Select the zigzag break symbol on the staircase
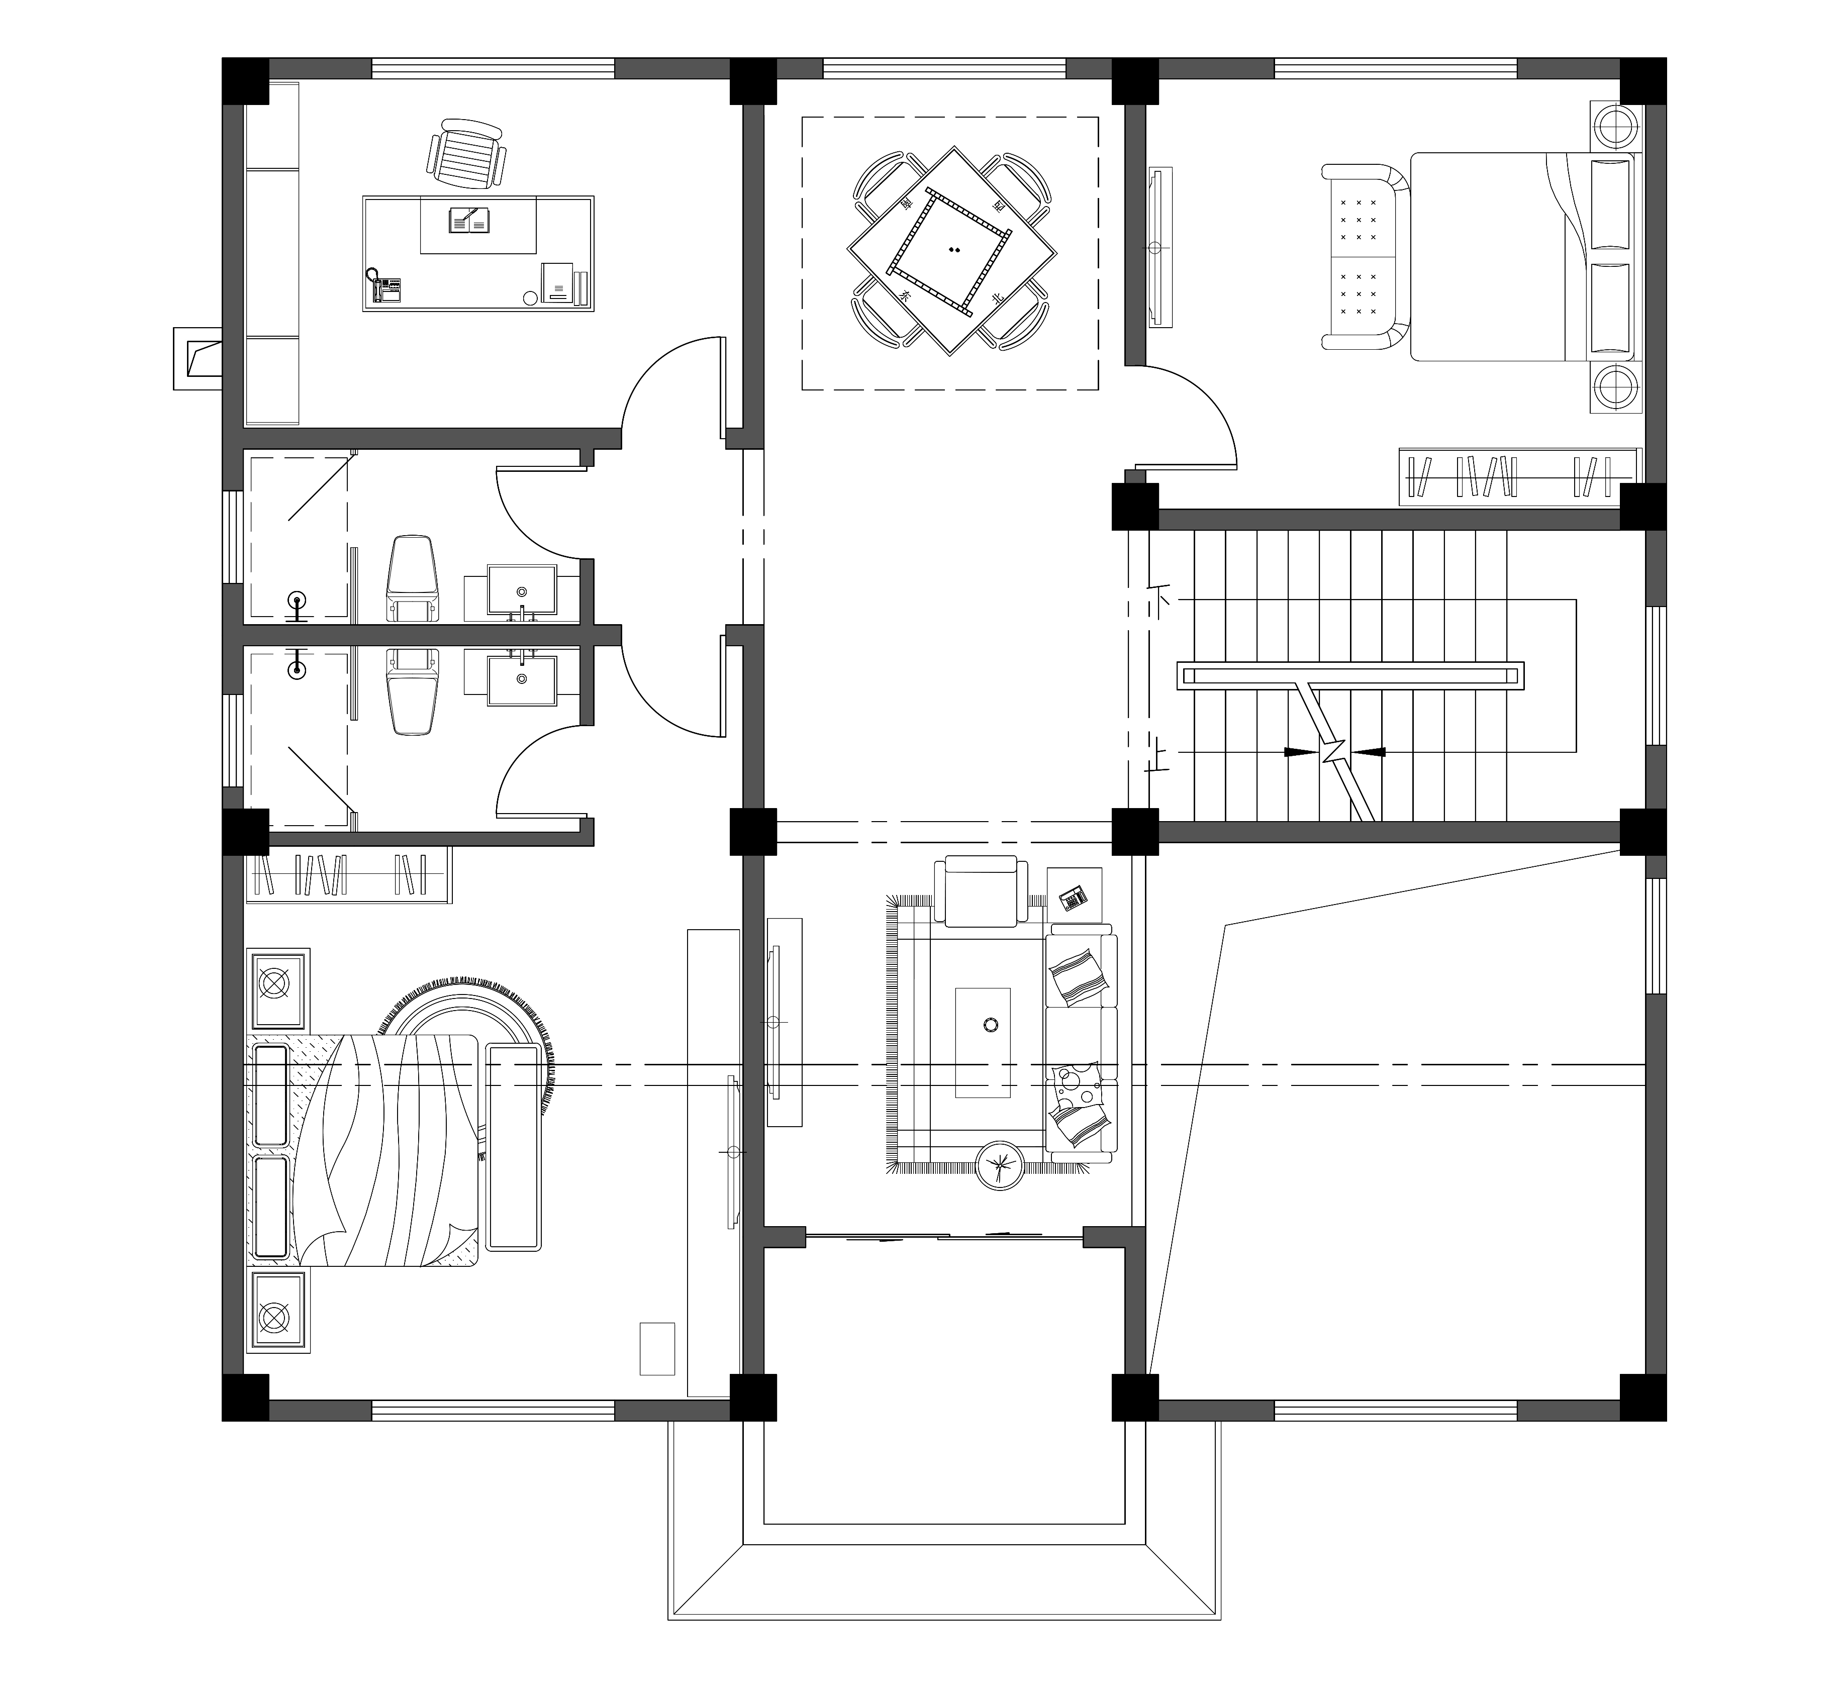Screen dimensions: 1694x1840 click(x=1335, y=752)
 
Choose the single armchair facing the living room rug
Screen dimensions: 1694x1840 click(x=976, y=890)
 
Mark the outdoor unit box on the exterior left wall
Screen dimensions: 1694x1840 click(x=197, y=357)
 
